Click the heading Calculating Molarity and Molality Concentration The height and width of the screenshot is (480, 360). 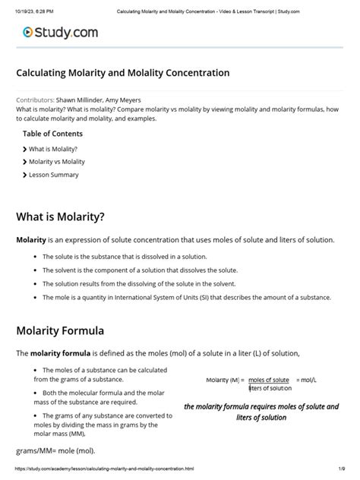tap(122, 74)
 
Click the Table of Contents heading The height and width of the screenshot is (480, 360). tap(52, 134)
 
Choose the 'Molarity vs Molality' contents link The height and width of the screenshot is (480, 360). tap(56, 162)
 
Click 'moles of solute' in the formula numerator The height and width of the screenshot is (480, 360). tap(269, 379)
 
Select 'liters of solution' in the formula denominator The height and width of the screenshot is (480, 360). tap(270, 388)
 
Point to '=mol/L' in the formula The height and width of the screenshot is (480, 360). tap(308, 379)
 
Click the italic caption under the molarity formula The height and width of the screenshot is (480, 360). tap(261, 412)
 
